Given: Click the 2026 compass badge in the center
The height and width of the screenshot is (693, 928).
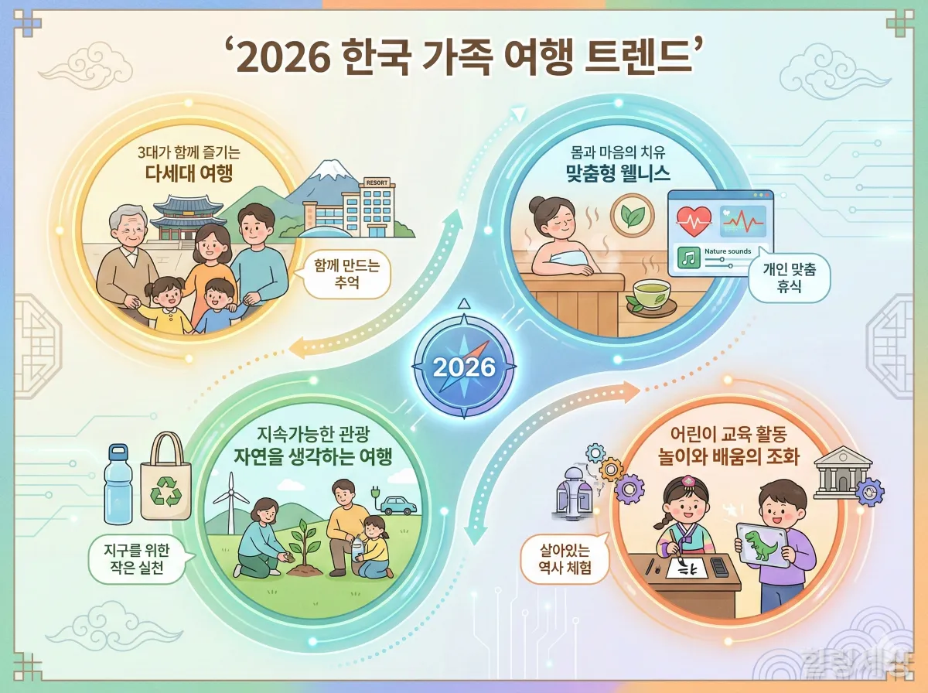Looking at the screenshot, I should click(464, 365).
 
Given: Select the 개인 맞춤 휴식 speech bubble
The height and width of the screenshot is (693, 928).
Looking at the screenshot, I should click(790, 279).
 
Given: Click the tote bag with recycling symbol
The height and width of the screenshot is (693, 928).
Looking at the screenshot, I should click(165, 478).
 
